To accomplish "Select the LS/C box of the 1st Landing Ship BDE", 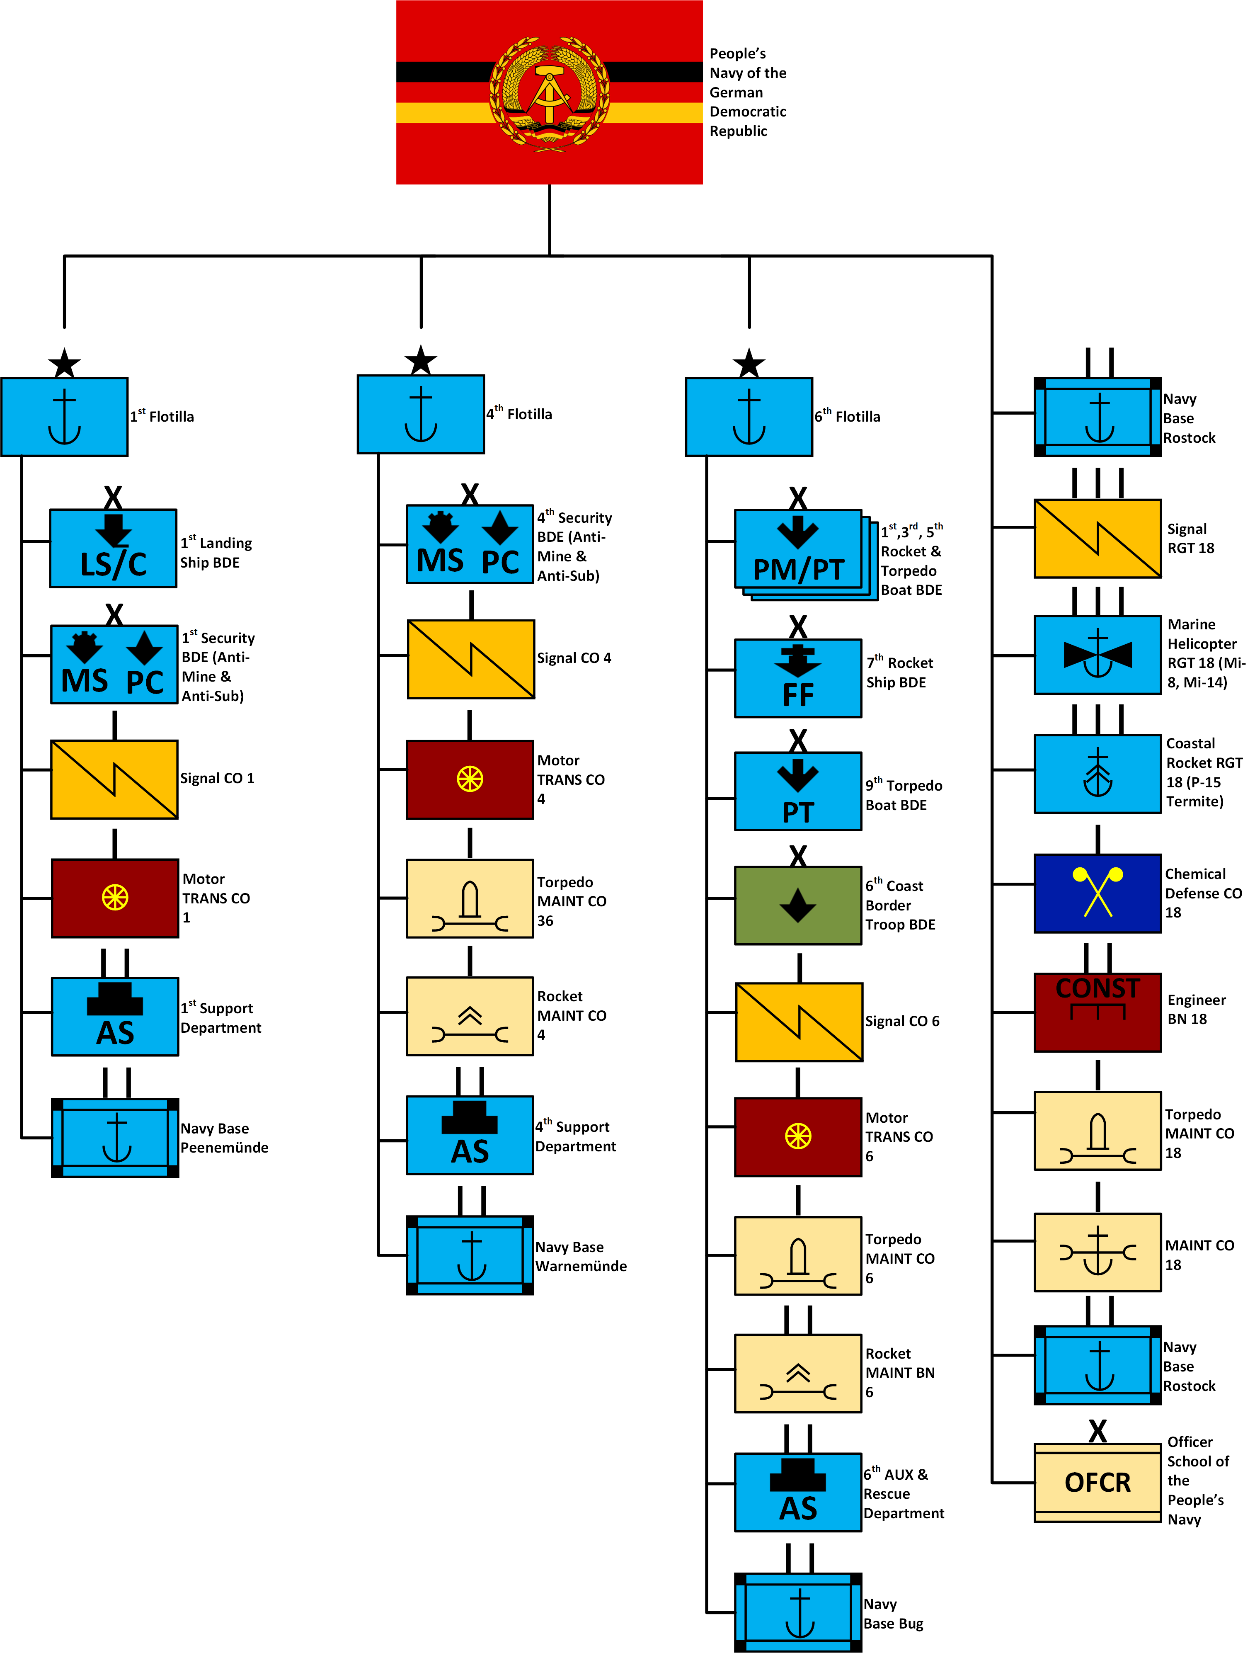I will coord(114,549).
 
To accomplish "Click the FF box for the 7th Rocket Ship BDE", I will coord(798,678).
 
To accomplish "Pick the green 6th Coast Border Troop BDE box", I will coord(798,905).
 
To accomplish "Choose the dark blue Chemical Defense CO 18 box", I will coord(1098,893).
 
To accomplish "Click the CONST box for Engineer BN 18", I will coord(1098,1012).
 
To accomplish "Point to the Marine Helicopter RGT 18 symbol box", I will coord(1098,655).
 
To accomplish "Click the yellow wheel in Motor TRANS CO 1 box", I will coord(115,898).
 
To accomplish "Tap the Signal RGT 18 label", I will coord(1191,538).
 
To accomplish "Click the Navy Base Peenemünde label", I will coord(224,1137).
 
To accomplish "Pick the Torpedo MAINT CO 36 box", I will coord(470,898).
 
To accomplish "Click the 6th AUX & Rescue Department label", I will coord(903,1493).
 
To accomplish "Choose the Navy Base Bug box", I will coord(798,1612).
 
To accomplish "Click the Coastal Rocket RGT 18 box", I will coord(1098,774).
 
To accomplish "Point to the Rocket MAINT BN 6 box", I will coord(798,1373).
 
